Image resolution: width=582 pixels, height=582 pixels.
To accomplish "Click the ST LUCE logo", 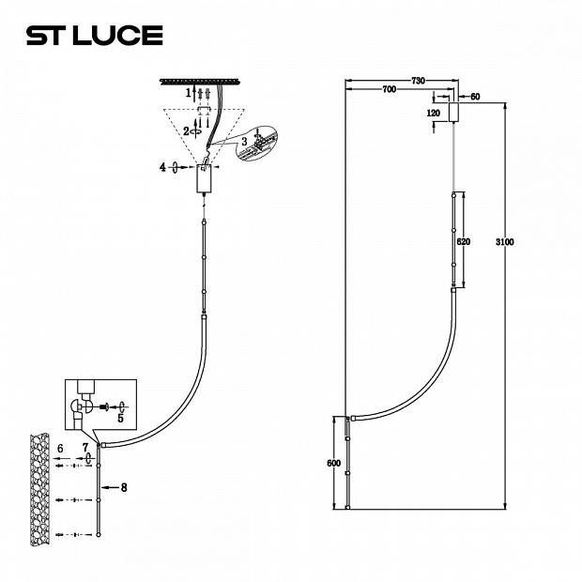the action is click(95, 36).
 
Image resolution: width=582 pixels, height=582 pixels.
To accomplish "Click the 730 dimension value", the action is click(418, 81).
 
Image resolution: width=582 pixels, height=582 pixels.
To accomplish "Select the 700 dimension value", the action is click(389, 89).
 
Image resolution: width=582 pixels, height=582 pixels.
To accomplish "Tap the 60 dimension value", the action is click(475, 97).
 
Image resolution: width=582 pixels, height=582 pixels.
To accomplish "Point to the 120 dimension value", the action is click(433, 114).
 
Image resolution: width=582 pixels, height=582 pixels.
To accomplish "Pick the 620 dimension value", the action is click(463, 242).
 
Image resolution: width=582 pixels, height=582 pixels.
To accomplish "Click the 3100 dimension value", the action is click(505, 242).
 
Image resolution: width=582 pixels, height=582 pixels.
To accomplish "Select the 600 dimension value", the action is click(333, 464).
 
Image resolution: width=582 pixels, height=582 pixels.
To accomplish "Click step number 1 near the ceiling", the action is click(188, 92).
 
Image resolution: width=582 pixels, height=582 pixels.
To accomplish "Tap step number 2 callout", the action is click(186, 131).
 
